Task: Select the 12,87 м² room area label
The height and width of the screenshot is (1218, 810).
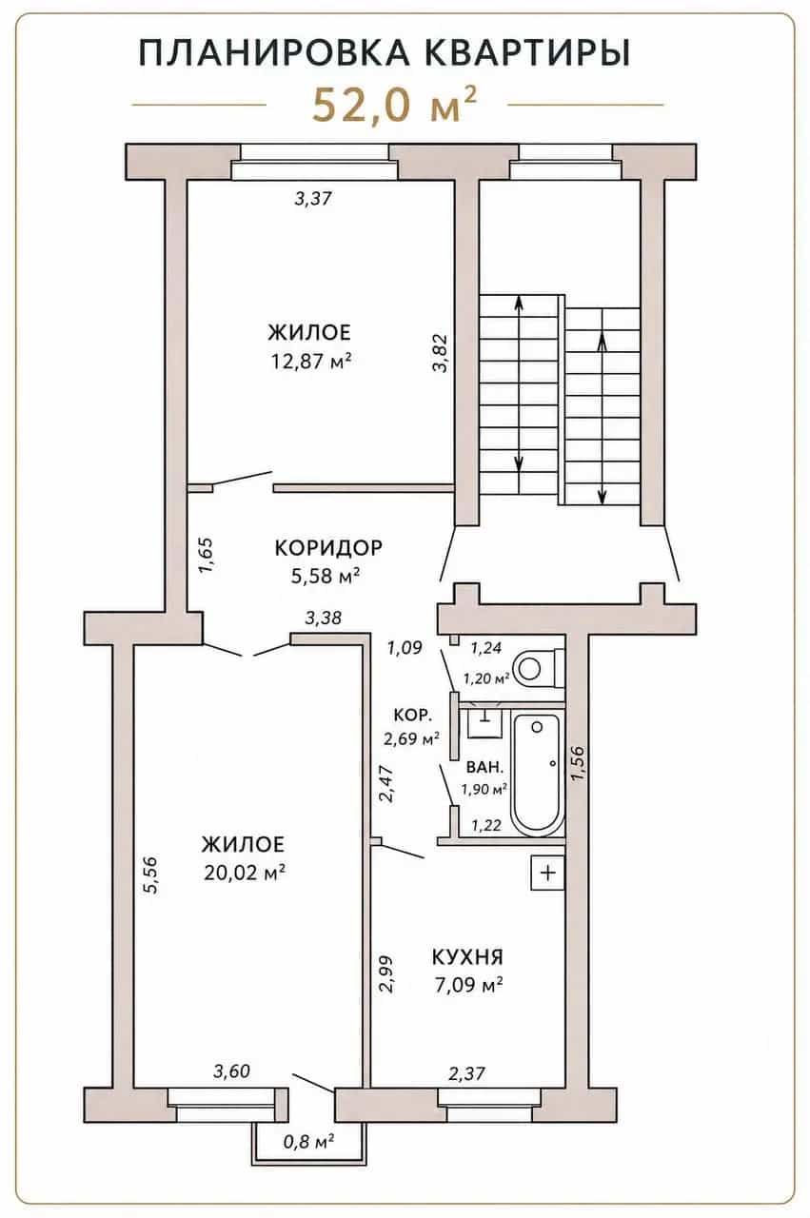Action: tap(310, 361)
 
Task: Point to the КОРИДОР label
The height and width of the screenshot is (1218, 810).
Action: tap(328, 547)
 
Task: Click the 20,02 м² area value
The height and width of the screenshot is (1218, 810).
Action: tap(245, 873)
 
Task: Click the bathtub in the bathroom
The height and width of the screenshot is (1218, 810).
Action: tap(537, 776)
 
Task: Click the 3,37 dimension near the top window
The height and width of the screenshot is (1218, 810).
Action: tap(313, 199)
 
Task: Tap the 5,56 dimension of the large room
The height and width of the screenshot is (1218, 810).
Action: tap(150, 875)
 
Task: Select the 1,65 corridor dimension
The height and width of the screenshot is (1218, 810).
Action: tap(207, 555)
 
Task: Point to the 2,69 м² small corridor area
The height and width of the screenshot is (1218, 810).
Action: tap(412, 738)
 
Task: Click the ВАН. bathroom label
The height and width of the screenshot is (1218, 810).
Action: tap(484, 768)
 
